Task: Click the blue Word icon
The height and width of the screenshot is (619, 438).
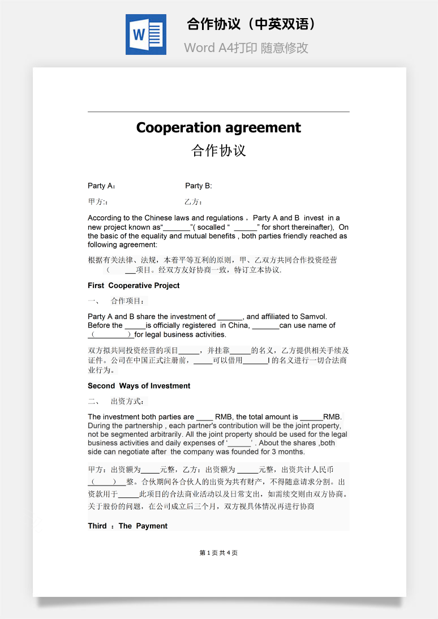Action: click(x=145, y=35)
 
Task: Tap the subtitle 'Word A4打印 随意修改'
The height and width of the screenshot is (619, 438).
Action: click(x=246, y=48)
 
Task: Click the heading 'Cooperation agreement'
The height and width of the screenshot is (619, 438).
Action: click(x=218, y=127)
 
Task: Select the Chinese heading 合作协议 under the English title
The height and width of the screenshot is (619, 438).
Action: click(x=218, y=151)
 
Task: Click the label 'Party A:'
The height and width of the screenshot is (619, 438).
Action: click(x=102, y=186)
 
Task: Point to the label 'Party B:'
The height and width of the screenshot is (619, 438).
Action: click(x=199, y=186)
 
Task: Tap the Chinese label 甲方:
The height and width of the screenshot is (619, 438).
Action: click(x=98, y=202)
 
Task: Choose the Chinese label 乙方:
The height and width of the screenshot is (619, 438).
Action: click(x=194, y=202)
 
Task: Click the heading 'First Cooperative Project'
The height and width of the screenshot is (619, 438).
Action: click(x=134, y=286)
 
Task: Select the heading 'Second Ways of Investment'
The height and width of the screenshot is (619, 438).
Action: click(x=139, y=386)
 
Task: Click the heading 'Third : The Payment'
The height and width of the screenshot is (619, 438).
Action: click(x=127, y=526)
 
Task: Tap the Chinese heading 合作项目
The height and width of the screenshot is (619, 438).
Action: click(x=128, y=301)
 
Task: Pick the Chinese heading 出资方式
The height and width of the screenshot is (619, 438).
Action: click(x=128, y=402)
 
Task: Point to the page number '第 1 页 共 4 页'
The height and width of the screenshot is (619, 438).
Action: click(x=218, y=553)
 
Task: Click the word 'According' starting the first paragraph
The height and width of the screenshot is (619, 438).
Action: click(x=105, y=218)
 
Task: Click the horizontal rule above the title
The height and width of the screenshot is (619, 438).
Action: click(x=218, y=112)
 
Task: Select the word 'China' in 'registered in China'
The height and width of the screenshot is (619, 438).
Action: click(x=238, y=325)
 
